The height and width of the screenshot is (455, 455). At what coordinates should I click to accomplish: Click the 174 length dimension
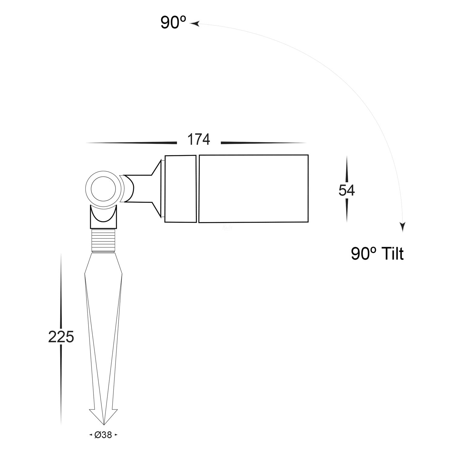[199, 140]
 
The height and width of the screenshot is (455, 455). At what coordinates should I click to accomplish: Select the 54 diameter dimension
[347, 190]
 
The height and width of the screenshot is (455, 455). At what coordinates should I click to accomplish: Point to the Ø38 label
[103, 435]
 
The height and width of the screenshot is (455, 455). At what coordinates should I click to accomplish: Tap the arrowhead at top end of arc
[194, 23]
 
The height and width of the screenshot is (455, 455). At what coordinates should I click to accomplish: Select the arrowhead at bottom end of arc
[403, 227]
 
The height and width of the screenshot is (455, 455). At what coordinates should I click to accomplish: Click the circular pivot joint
[103, 189]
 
